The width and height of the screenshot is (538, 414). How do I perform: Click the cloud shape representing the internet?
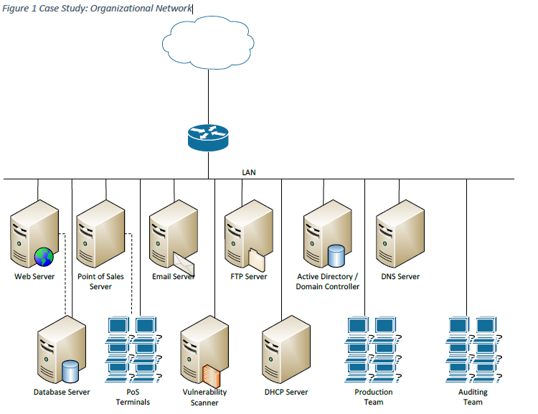[209, 42]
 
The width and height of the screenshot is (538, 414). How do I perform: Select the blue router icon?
[208, 137]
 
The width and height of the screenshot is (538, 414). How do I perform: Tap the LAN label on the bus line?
[249, 172]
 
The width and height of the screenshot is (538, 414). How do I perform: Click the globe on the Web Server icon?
[44, 256]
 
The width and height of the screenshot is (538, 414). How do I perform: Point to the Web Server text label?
[34, 276]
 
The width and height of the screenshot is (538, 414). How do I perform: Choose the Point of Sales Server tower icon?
[100, 234]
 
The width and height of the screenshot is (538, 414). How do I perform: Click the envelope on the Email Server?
[184, 258]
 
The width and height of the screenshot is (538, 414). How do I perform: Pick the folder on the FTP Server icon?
[257, 259]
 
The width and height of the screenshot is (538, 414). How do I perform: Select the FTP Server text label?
[248, 276]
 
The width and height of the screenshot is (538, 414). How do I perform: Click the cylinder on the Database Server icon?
[70, 371]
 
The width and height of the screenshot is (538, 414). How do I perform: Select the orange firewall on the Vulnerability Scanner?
[211, 375]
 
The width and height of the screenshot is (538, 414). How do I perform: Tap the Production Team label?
[374, 397]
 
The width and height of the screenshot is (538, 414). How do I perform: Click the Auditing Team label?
[473, 397]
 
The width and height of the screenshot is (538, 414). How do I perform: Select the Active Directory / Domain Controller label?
[328, 281]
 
